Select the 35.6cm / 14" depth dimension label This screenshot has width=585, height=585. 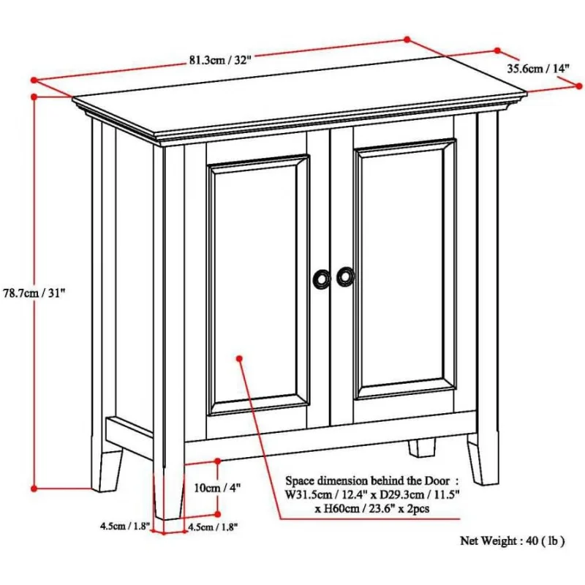538,68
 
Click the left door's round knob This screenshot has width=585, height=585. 321,278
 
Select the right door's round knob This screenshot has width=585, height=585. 345,277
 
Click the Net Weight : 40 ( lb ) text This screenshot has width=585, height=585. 512,541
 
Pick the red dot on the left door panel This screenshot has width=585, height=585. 239,358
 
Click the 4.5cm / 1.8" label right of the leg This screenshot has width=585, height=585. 213,526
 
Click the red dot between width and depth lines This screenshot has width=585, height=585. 407,39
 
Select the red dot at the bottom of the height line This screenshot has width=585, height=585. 34,488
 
